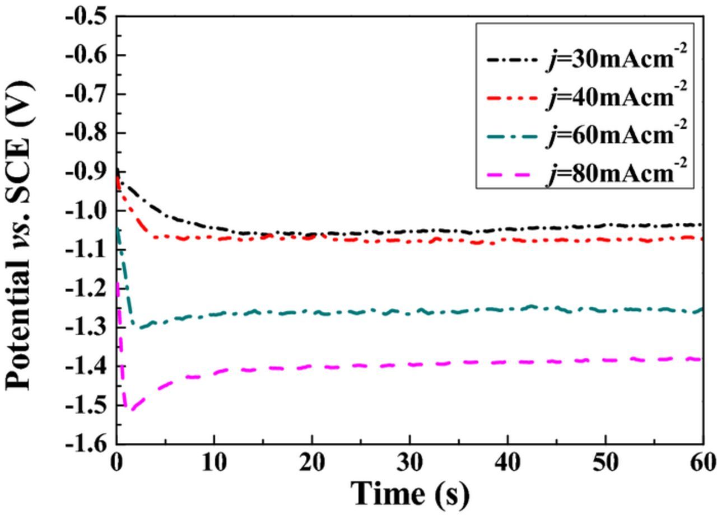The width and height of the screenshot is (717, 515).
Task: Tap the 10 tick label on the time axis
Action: click(x=213, y=463)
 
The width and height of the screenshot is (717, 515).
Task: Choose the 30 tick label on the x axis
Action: click(x=409, y=463)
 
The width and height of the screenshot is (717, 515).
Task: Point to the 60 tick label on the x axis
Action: click(x=702, y=463)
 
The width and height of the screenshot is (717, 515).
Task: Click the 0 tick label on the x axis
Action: click(x=117, y=463)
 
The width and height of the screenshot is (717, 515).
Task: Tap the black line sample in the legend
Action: click(x=511, y=58)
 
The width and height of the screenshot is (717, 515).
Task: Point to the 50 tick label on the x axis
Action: click(x=605, y=463)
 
